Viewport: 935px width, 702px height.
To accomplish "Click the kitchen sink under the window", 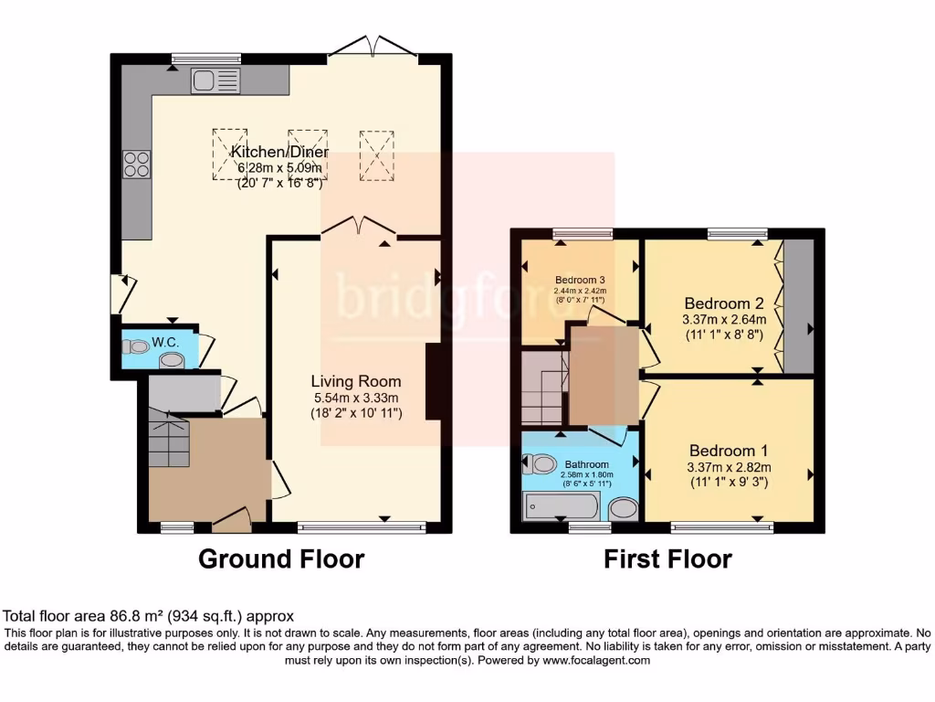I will (x=215, y=81).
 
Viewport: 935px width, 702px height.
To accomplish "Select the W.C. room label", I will (x=164, y=342).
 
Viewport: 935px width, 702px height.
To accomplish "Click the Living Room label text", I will (x=355, y=381).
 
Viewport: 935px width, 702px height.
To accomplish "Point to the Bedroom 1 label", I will (x=728, y=451).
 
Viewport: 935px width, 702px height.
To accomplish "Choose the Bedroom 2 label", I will (x=723, y=303).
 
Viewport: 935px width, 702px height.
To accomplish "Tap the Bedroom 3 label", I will (x=581, y=280).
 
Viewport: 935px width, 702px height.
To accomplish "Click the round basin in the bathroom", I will (x=624, y=508).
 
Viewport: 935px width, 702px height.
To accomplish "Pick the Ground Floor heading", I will (x=281, y=558).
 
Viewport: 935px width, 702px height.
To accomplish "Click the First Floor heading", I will (x=667, y=558).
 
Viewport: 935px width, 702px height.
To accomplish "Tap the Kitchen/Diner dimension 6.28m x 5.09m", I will (x=280, y=168).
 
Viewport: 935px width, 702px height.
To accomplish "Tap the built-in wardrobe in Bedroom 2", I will (x=798, y=306).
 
